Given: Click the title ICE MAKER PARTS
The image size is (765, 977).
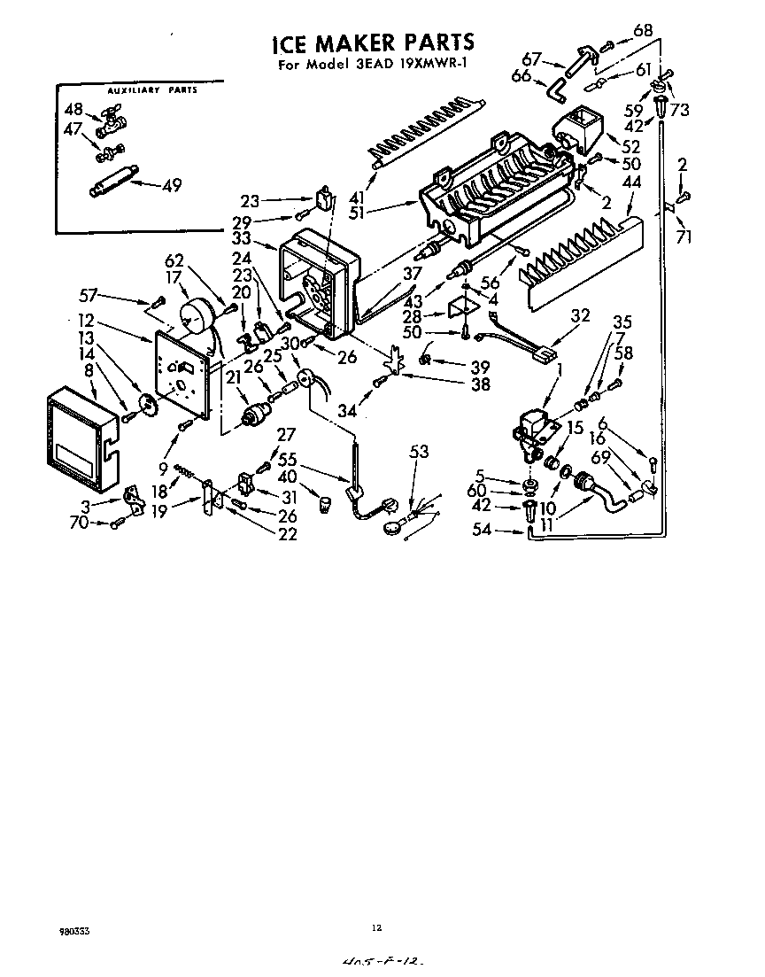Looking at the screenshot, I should [x=372, y=43].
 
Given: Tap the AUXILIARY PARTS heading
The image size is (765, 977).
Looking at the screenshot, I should [x=151, y=91].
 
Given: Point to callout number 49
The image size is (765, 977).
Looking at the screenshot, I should [x=172, y=185].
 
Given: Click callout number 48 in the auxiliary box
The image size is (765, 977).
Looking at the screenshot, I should [x=73, y=109].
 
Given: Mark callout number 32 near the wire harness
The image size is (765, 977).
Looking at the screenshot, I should [x=580, y=315].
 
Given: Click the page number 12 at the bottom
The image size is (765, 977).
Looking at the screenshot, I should [x=376, y=927].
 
